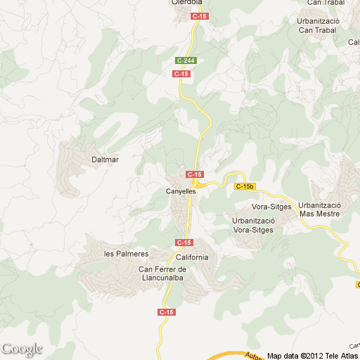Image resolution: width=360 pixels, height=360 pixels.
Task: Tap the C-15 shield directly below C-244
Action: pyautogui.click(x=181, y=73)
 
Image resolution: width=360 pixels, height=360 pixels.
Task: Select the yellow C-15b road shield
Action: pyautogui.click(x=244, y=186)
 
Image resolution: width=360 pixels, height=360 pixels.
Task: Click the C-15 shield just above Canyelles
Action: pyautogui.click(x=195, y=174)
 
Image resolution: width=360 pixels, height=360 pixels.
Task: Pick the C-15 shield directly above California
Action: pyautogui.click(x=183, y=242)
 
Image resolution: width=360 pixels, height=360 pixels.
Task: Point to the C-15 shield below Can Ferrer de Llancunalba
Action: pyautogui.click(x=167, y=311)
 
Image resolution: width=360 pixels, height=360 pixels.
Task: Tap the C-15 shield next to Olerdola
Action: pyautogui.click(x=200, y=15)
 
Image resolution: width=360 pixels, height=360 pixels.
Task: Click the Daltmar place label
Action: pyautogui.click(x=105, y=160)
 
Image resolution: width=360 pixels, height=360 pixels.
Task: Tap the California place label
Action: pyautogui.click(x=193, y=257)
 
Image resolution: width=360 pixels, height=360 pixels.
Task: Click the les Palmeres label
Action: pyautogui.click(x=126, y=254)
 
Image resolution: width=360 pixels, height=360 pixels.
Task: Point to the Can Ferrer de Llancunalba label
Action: pyautogui.click(x=162, y=274)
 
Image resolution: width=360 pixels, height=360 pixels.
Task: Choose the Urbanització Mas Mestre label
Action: pyautogui.click(x=319, y=209)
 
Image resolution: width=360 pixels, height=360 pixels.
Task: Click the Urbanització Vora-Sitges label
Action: pyautogui.click(x=253, y=224)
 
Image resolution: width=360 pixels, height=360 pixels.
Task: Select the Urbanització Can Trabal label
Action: pyautogui.click(x=319, y=25)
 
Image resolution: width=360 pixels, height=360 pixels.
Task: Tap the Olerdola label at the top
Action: pyautogui.click(x=187, y=3)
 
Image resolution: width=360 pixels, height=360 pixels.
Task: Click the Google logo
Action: pyautogui.click(x=22, y=349)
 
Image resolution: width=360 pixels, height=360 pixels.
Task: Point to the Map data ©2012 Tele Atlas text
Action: pyautogui.click(x=311, y=355)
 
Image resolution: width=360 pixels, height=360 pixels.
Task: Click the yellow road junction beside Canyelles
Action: pyautogui.click(x=201, y=186)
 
